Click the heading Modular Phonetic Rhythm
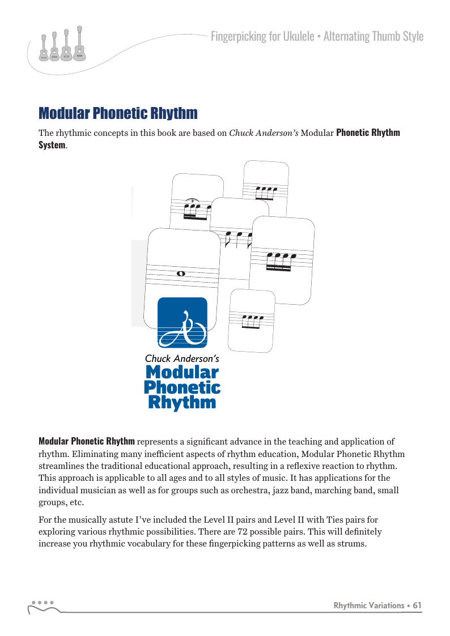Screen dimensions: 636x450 coord(118,113)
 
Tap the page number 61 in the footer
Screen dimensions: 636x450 coord(417,605)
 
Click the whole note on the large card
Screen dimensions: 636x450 coord(181,274)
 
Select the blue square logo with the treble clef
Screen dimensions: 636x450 coord(182,322)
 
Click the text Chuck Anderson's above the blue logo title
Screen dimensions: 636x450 coord(182,358)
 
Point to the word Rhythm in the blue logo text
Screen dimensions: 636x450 coord(182,403)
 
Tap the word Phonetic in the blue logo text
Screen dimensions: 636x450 coord(182,388)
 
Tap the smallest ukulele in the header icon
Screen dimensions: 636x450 coord(44,48)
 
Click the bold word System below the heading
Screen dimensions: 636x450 coord(52,145)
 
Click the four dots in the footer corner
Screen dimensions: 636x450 coord(43,602)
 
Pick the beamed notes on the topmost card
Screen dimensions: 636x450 coord(266,193)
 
